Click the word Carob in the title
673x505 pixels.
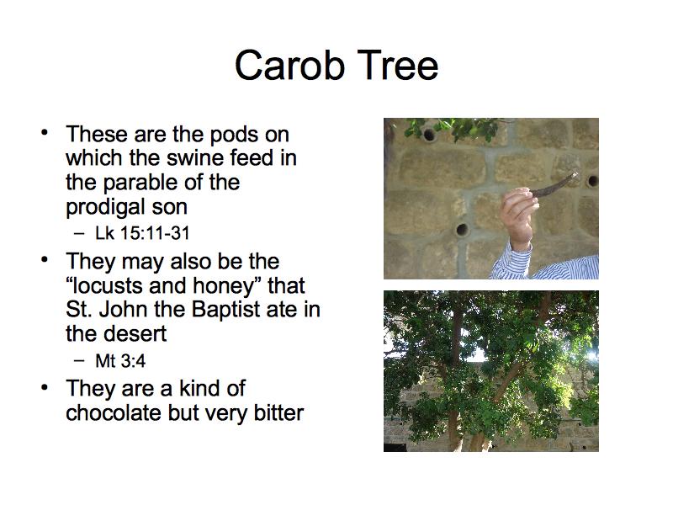click(290, 65)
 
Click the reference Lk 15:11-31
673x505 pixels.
click(142, 233)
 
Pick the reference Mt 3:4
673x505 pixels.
click(120, 361)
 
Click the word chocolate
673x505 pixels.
click(114, 412)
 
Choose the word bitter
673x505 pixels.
click(278, 412)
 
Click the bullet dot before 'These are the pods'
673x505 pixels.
click(45, 133)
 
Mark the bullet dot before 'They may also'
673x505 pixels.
click(45, 260)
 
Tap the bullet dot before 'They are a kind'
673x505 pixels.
click(45, 387)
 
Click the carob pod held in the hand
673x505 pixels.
click(554, 185)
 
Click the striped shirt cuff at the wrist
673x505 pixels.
click(511, 262)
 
